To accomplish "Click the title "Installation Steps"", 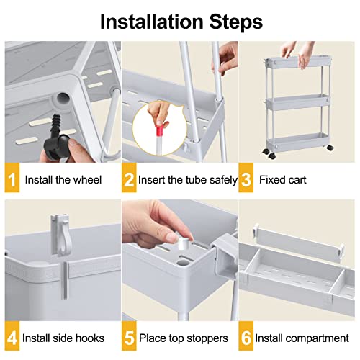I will (x=180, y=21).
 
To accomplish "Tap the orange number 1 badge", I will (x=12, y=179).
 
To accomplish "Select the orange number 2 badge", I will (x=130, y=179).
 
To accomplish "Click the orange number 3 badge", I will (x=247, y=179).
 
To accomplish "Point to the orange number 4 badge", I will (x=12, y=338).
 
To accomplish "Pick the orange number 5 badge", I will (x=130, y=338).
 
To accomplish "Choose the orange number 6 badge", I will (x=247, y=338).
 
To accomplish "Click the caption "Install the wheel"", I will (x=64, y=179).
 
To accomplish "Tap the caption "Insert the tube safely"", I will (x=189, y=179).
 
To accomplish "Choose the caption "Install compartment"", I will (x=305, y=338).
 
